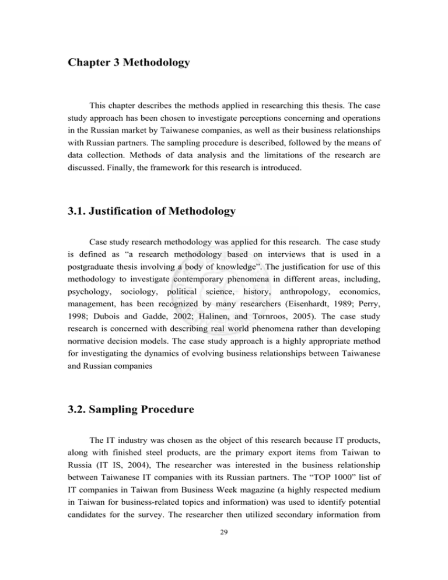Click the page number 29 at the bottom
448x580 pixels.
pos(224,554)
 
